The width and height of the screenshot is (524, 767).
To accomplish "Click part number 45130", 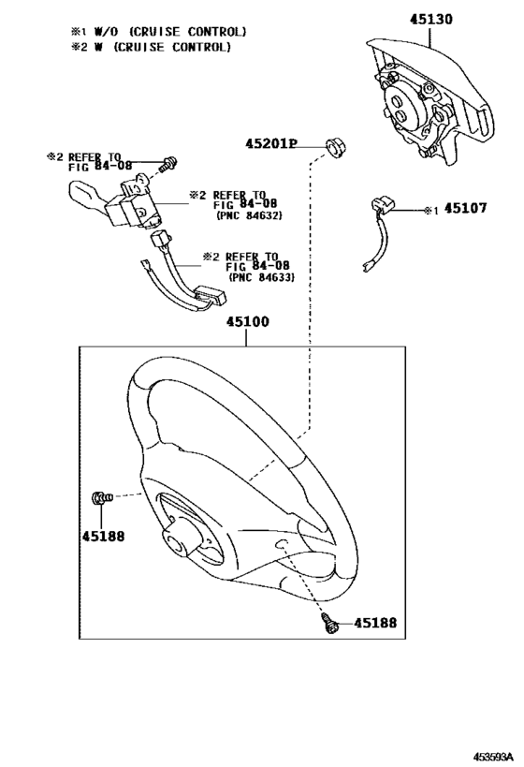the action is [430, 20].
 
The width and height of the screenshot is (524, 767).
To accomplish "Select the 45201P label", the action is [271, 144].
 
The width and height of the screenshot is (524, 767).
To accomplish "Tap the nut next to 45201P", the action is [335, 147].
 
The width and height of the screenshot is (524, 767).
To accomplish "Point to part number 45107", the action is [465, 209].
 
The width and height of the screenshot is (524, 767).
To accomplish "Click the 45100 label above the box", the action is [247, 322].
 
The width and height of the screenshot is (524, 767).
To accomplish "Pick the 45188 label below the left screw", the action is [103, 536].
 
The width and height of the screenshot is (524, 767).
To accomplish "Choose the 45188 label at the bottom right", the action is [375, 623].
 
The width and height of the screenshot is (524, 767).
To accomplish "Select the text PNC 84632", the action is [249, 214].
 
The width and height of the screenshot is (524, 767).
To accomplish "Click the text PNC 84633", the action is [262, 277].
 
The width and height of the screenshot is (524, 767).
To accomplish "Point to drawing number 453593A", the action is [493, 756].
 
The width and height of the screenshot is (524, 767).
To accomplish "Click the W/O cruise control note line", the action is [159, 32].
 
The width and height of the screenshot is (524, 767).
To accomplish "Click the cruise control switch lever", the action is [87, 198].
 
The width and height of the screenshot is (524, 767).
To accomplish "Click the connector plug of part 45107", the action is [384, 204].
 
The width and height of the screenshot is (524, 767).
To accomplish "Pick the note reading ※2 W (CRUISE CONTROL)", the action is [151, 47].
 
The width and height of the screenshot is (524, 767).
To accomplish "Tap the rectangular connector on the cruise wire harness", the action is [211, 297].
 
